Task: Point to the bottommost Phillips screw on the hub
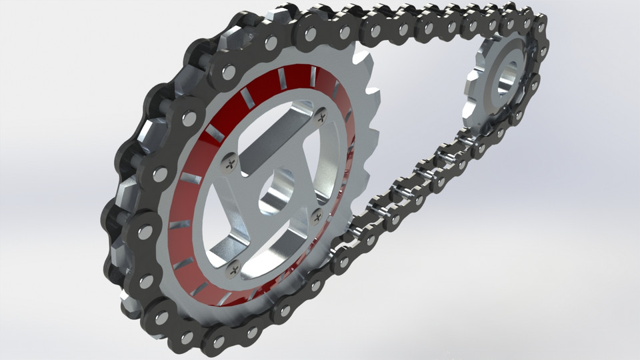click(x=233, y=269)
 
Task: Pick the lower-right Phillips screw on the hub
click(x=317, y=215)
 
